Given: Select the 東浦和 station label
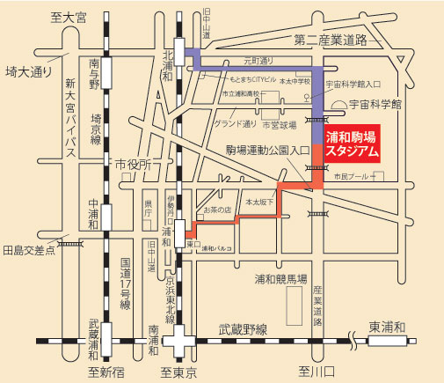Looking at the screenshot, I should tap(389, 328).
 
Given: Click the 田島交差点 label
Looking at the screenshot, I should tap(30, 249).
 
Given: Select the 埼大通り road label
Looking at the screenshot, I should tap(28, 71).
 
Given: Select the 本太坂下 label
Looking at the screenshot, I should tap(260, 202).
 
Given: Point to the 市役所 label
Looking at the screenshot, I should tap(134, 164).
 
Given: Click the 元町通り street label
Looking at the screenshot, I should tap(259, 62).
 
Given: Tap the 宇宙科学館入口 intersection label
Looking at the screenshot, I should tap(353, 85).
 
